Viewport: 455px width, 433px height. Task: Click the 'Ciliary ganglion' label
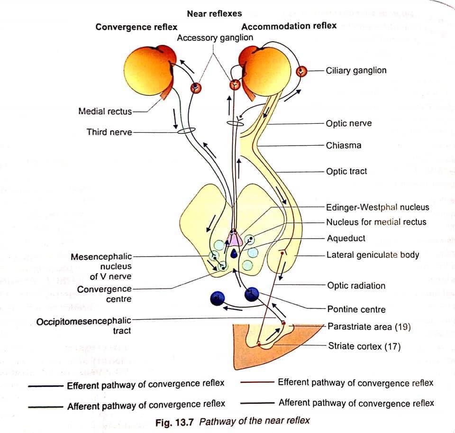click(356, 71)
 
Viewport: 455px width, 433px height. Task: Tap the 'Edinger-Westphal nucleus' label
click(378, 207)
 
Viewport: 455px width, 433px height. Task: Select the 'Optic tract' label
click(346, 171)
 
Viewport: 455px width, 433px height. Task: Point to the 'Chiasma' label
click(344, 145)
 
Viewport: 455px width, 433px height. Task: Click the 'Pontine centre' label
click(356, 309)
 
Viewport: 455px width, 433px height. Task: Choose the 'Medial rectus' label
click(105, 111)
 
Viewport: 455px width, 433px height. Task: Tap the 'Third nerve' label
click(109, 132)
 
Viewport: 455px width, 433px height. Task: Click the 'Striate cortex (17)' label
click(364, 346)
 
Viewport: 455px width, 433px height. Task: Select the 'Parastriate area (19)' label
click(369, 327)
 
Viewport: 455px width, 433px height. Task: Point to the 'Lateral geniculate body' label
click(373, 255)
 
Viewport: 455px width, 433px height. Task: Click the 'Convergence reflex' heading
click(136, 27)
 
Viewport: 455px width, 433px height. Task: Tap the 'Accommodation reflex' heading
click(289, 26)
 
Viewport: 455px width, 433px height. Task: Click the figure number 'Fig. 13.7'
click(174, 422)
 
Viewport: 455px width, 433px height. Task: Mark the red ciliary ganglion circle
click(301, 71)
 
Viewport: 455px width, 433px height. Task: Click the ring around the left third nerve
click(186, 131)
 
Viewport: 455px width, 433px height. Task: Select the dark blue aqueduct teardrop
click(234, 254)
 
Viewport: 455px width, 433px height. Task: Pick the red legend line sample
click(257, 382)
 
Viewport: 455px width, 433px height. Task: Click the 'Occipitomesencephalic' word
click(84, 321)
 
